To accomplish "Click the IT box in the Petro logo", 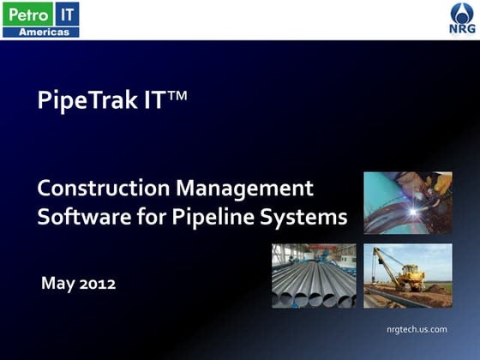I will tap(67, 13).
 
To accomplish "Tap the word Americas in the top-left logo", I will tap(40, 32).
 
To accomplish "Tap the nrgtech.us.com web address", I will tap(417, 329).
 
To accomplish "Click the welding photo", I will tap(407, 202).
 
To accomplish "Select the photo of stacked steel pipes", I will tap(314, 275).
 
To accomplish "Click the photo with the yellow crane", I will tap(407, 275).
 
